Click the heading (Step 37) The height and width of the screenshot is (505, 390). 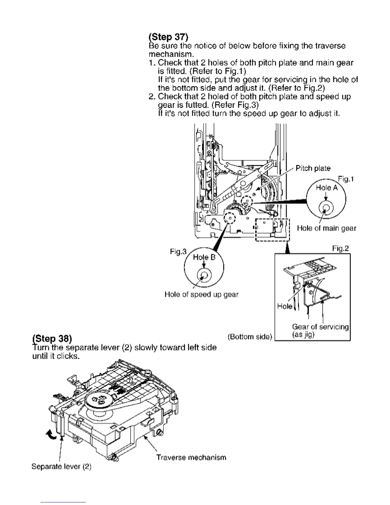point(169,37)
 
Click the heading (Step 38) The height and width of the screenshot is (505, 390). point(52,338)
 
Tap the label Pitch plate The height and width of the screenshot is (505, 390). point(313,168)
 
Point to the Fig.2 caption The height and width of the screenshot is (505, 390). point(340,248)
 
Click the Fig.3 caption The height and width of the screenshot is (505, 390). point(178,252)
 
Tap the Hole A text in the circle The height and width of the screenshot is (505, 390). point(326,187)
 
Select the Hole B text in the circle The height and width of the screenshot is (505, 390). point(204,257)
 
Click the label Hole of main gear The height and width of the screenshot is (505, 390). point(326,228)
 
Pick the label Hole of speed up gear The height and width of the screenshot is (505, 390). point(201,294)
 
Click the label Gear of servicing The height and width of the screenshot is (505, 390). point(320,327)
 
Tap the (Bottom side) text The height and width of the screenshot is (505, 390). point(250,337)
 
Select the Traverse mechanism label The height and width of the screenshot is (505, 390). point(191,457)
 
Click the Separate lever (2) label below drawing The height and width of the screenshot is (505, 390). point(61,466)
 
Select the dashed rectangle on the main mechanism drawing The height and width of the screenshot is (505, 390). point(272,230)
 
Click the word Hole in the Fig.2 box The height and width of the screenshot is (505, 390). point(285,306)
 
